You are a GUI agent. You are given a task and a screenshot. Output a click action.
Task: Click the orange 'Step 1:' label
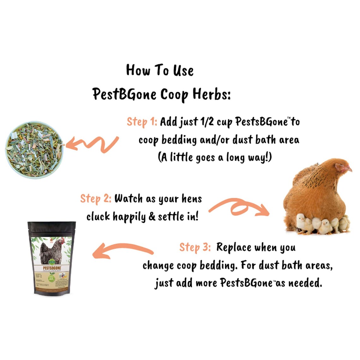coord(142,122)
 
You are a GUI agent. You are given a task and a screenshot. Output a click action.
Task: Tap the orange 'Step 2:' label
coord(95,199)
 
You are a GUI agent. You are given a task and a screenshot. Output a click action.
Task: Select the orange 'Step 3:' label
coord(195,247)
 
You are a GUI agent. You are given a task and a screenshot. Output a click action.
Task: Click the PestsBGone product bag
coord(52,258)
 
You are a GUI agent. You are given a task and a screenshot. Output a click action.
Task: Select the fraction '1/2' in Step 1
coord(207,122)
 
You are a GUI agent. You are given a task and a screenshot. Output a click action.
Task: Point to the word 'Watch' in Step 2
coord(128,199)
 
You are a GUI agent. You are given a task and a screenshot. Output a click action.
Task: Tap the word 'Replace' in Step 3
coord(234,247)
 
